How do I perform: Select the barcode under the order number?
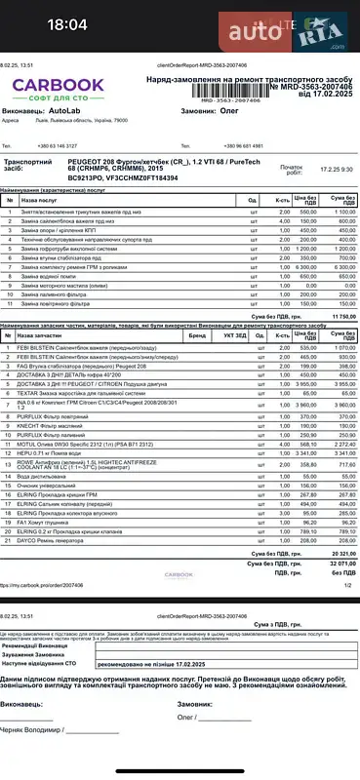pos(230,99)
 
